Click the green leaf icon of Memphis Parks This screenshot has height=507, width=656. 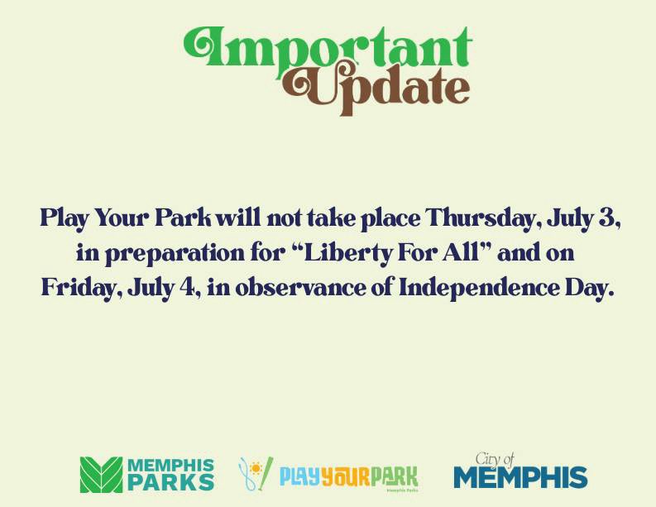click(100, 475)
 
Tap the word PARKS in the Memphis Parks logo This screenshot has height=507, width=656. click(171, 482)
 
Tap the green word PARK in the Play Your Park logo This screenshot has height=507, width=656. click(394, 476)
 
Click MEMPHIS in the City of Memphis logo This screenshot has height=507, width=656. click(520, 478)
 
